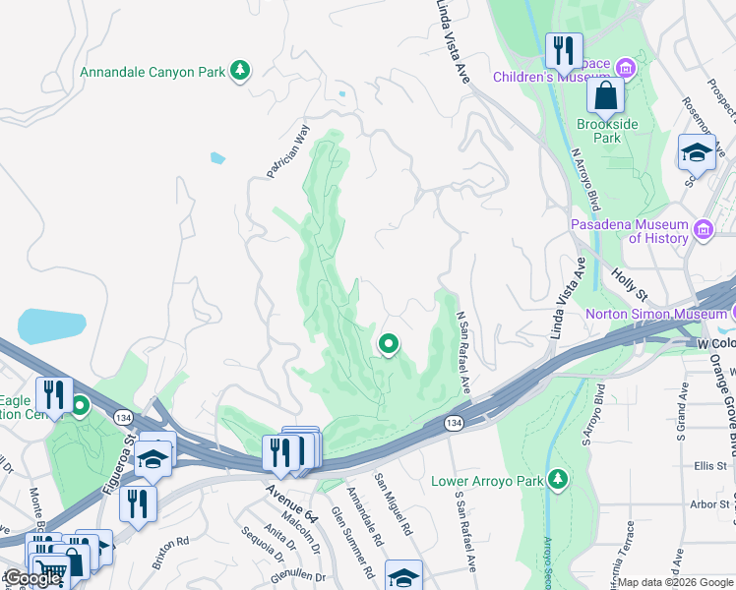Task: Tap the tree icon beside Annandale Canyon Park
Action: click(239, 70)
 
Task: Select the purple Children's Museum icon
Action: click(625, 67)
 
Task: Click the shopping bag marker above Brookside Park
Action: click(605, 96)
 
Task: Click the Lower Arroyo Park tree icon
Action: click(558, 479)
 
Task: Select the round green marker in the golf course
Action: click(389, 344)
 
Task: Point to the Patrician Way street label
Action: click(288, 150)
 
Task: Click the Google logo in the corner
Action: click(32, 578)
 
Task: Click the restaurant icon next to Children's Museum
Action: click(564, 51)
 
